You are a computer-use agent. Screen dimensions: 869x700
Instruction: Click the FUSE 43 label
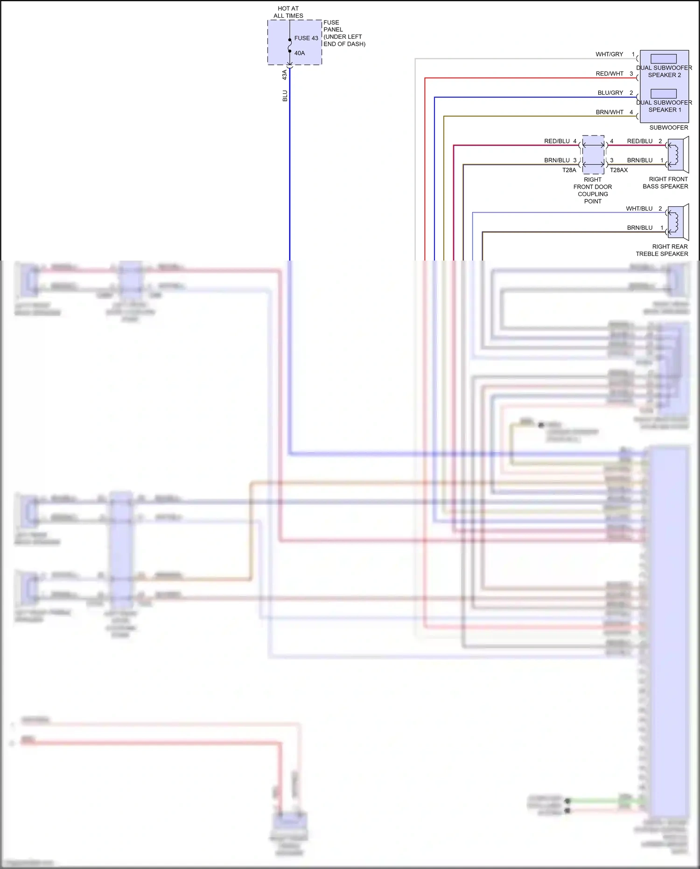tap(306, 38)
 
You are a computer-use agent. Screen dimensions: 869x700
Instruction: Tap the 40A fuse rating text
tap(300, 53)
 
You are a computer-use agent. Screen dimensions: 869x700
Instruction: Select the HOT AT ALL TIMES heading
tap(288, 12)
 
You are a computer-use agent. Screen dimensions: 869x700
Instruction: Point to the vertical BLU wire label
tap(285, 96)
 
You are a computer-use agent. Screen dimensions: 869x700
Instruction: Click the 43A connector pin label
tap(285, 75)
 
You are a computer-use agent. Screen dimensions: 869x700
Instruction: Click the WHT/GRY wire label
tap(609, 55)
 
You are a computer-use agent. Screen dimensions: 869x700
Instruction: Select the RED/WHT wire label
tap(609, 74)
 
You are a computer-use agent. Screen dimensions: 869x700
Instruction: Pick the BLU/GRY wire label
tap(610, 93)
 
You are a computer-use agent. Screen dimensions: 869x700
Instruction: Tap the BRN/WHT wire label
tap(609, 113)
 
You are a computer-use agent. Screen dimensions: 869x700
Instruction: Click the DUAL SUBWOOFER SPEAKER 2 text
tap(664, 71)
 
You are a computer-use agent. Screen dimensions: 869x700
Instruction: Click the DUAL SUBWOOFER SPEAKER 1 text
tap(664, 106)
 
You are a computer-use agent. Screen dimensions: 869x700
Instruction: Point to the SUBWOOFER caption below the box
tap(668, 127)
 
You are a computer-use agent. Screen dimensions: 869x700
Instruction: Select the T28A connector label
tap(569, 170)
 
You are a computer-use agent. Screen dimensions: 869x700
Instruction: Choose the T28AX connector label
tap(619, 170)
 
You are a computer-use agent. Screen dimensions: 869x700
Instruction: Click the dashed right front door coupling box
tap(593, 155)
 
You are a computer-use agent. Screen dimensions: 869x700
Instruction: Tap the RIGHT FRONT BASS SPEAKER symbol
tap(677, 154)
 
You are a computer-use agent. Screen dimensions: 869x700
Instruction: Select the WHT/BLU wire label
tap(639, 209)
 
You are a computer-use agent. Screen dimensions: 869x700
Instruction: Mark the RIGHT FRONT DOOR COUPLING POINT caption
tap(593, 191)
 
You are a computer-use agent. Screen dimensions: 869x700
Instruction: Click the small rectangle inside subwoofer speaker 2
tap(663, 59)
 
